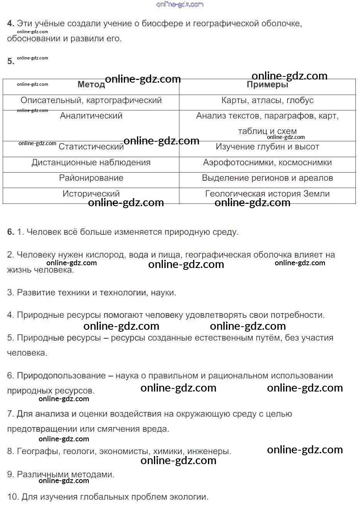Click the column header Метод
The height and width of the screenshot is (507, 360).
pos(91,85)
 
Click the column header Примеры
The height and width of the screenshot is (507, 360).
pos(267,85)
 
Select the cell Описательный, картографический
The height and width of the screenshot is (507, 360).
pos(91,100)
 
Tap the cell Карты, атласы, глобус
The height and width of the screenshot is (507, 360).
pos(267,100)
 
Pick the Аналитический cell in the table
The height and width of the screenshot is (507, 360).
pos(91,116)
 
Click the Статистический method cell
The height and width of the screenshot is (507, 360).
pos(91,147)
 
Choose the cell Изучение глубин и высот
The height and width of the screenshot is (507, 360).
pos(267,147)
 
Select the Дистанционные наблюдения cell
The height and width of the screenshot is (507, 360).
pos(91,163)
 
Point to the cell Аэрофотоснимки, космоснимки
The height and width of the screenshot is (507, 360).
pos(267,163)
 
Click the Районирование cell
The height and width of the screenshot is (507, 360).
pos(91,178)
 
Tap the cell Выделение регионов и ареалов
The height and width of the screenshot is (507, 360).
pos(267,178)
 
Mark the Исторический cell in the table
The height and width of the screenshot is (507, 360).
pos(91,194)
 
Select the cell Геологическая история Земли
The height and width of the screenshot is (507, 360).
pos(267,194)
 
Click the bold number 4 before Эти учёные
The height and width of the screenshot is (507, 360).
pos(10,24)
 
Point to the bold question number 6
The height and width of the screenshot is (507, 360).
pos(10,232)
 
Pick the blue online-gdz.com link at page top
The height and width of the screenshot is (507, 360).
pos(180,4)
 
